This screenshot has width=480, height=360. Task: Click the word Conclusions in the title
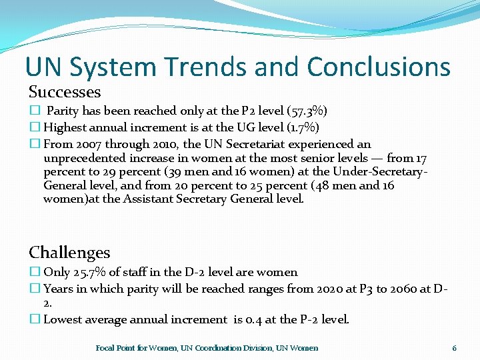click(379, 67)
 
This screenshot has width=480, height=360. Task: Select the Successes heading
click(65, 92)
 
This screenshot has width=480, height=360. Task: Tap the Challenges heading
click(69, 253)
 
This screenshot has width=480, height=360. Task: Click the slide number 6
click(454, 348)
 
